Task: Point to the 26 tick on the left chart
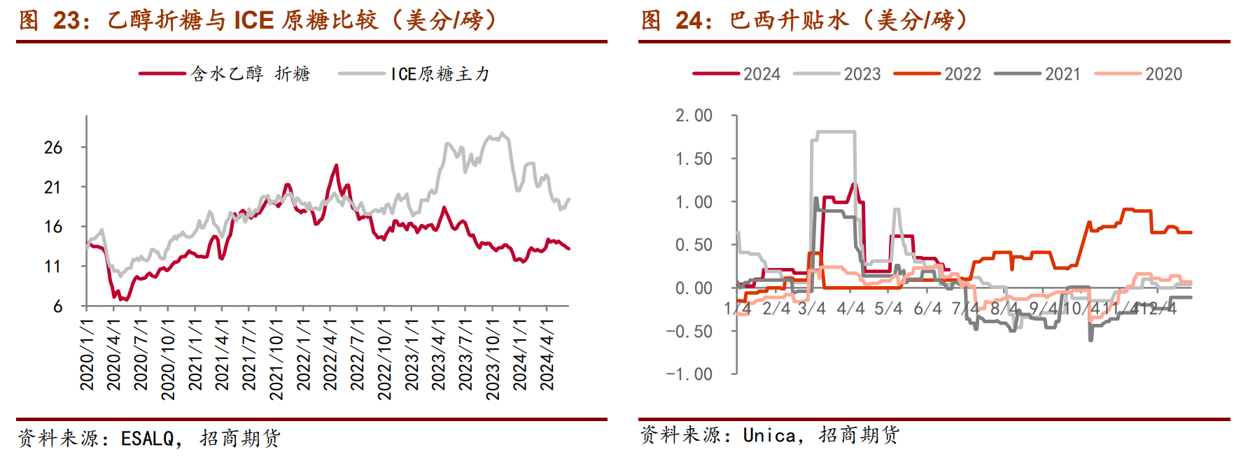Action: (x=53, y=148)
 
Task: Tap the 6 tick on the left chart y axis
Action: (x=57, y=306)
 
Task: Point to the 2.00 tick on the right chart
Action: (x=694, y=115)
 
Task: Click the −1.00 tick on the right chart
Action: (x=689, y=374)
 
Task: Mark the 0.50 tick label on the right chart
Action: (x=694, y=245)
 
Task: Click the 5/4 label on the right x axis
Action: (x=888, y=308)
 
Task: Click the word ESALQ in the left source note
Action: (x=147, y=439)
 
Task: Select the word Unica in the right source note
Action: (x=769, y=436)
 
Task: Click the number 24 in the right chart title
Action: (x=689, y=20)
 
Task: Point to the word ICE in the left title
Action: (x=253, y=20)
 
